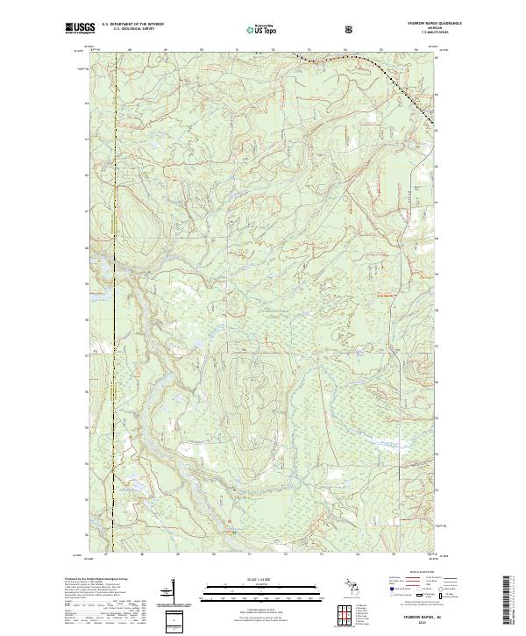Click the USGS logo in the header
(82, 29)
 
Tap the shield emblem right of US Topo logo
(302, 30)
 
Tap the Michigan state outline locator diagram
(351, 589)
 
